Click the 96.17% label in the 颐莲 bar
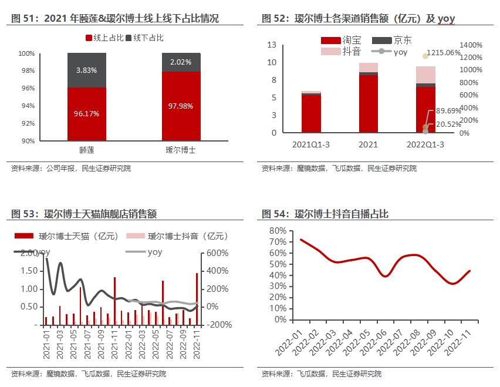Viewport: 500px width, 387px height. (86, 114)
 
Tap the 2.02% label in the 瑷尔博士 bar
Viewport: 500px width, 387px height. (181, 62)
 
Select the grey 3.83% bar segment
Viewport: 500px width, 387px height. (86, 70)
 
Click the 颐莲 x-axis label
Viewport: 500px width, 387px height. (87, 150)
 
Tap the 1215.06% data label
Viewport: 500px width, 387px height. (444, 52)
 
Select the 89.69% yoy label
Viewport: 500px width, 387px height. (448, 110)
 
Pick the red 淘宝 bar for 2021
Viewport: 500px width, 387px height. (369, 103)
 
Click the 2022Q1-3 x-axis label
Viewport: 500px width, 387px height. (426, 144)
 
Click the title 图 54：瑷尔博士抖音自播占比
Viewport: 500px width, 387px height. (325, 215)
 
